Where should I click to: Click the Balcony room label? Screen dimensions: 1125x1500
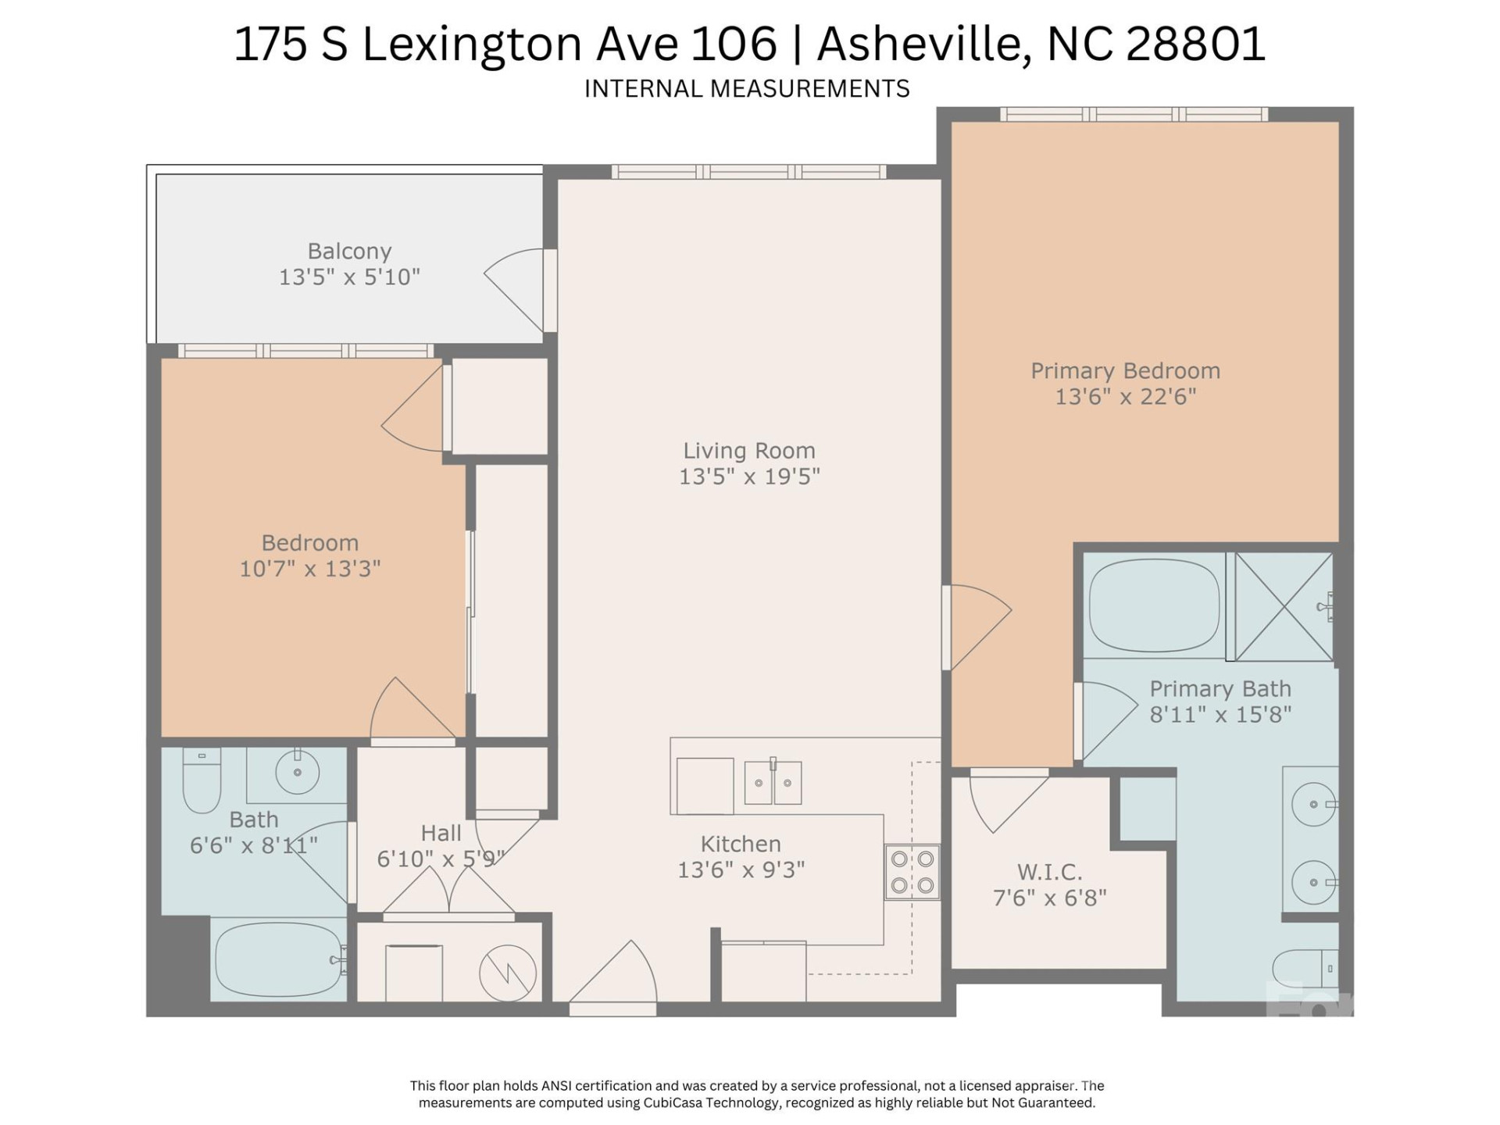[x=349, y=252]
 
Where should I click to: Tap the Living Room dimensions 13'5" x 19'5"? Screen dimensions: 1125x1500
[x=748, y=477]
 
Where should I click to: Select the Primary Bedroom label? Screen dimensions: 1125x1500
[x=1125, y=371]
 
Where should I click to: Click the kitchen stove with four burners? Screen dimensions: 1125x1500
[x=912, y=872]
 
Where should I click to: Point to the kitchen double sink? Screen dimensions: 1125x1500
[x=773, y=782]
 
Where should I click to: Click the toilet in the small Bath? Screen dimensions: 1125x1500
[x=201, y=781]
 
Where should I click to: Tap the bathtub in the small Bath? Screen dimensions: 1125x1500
[x=278, y=961]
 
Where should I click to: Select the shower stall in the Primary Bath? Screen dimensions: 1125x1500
[x=1283, y=607]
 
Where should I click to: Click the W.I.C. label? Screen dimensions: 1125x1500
[x=1049, y=872]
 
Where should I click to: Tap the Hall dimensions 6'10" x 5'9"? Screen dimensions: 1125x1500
[x=440, y=859]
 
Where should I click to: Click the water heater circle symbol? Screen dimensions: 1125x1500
[x=507, y=973]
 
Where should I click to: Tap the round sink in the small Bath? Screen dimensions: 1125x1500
[x=298, y=772]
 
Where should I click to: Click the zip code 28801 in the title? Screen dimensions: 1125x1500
[x=1195, y=44]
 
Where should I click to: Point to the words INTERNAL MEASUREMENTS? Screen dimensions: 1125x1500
[x=747, y=89]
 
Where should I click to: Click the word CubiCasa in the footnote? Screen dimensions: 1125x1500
[x=672, y=1103]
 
